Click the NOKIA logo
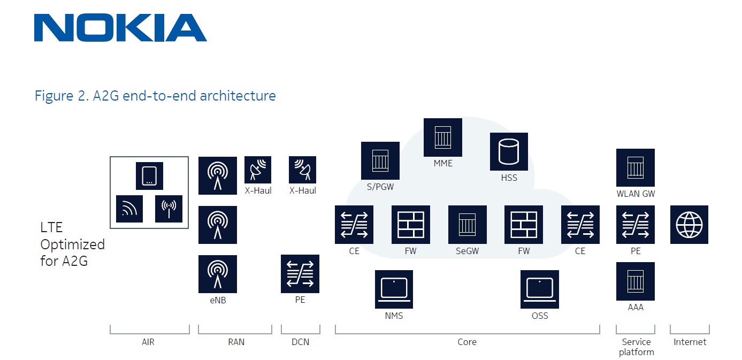(x=120, y=28)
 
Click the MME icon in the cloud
(x=442, y=137)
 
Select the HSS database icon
(x=509, y=152)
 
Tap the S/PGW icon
(x=380, y=160)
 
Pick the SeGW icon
(x=467, y=225)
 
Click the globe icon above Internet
(x=689, y=225)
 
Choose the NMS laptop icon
(x=394, y=289)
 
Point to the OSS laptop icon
(x=539, y=289)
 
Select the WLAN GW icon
(x=635, y=168)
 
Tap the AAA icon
(x=635, y=281)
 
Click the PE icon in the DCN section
(x=300, y=274)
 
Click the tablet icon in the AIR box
(x=149, y=176)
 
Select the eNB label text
(x=218, y=301)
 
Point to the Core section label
(x=466, y=342)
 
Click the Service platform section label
(x=636, y=347)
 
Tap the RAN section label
(x=236, y=342)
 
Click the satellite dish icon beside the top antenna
(x=258, y=170)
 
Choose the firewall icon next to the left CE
(x=410, y=225)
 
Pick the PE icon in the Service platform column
(x=635, y=225)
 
